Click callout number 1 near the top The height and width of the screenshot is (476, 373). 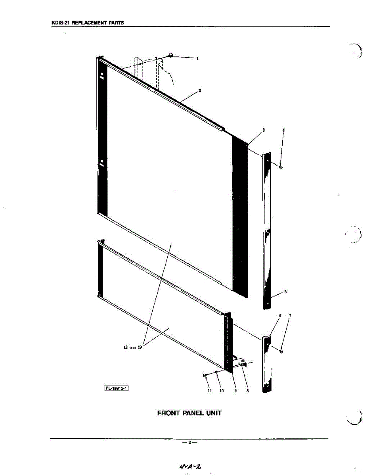(x=197, y=58)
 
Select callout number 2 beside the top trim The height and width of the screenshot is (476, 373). (x=199, y=90)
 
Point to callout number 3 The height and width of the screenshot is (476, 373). (x=263, y=130)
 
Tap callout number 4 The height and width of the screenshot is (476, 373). (x=283, y=130)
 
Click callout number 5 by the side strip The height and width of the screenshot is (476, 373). (x=285, y=292)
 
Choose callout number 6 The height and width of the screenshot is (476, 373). (x=280, y=315)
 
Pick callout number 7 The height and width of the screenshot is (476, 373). (x=290, y=315)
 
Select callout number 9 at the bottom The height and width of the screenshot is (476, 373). (x=235, y=391)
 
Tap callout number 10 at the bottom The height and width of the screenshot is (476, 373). (x=222, y=391)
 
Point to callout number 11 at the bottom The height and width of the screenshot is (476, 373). (x=210, y=391)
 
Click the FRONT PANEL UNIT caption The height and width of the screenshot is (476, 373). (x=189, y=413)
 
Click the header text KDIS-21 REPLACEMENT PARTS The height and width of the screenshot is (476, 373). (x=88, y=23)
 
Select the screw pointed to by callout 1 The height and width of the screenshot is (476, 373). (x=170, y=56)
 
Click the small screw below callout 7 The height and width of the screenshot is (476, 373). (x=281, y=351)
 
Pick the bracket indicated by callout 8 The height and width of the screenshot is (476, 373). (x=241, y=361)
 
